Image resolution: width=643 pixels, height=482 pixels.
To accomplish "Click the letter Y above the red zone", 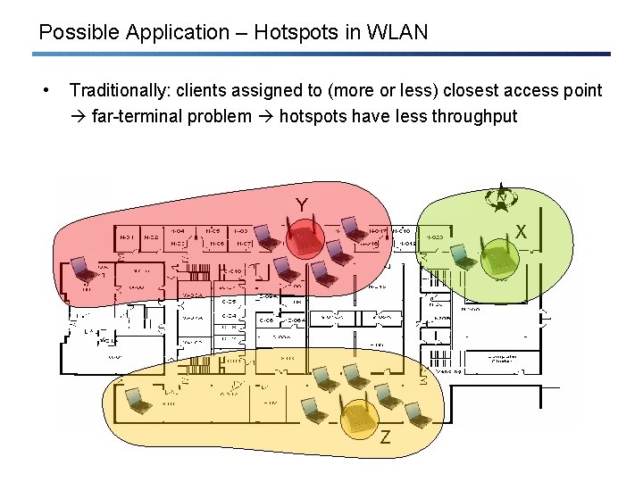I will point(302,206).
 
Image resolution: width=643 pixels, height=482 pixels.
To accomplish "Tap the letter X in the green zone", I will point(521,231).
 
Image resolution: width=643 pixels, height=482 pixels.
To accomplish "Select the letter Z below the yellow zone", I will point(385,437).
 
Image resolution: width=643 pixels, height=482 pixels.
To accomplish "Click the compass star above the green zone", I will point(503,199).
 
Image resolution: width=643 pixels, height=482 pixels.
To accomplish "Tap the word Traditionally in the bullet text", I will point(120,90).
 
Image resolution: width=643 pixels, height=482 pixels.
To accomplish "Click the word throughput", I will point(474,116).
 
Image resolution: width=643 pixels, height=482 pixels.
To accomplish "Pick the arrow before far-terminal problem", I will point(79,116).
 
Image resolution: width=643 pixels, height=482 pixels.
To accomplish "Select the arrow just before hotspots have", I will point(265,116).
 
